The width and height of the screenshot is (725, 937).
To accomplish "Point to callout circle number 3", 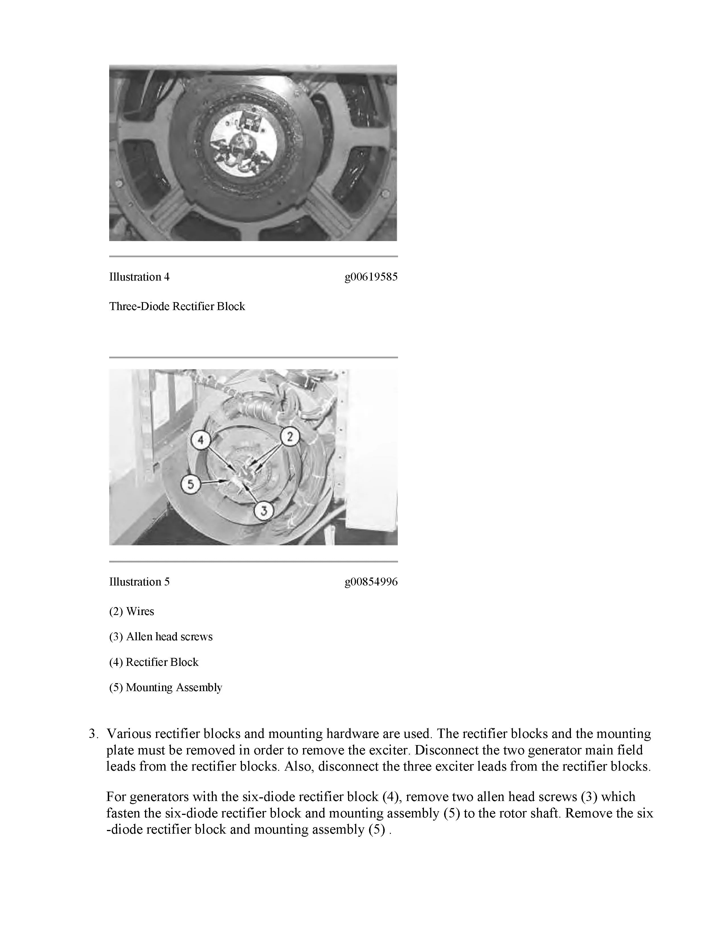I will point(264,511).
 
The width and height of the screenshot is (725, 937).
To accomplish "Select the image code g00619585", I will point(371,277).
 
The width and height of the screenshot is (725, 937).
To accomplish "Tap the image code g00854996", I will point(371,582).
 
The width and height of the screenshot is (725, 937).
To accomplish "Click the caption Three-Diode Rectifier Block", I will point(177,306).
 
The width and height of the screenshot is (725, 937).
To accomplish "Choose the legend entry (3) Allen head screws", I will point(161,637).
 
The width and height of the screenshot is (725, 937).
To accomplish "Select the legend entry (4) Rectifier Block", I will point(154,662).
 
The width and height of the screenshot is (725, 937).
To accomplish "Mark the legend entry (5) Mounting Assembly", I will point(165,687).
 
